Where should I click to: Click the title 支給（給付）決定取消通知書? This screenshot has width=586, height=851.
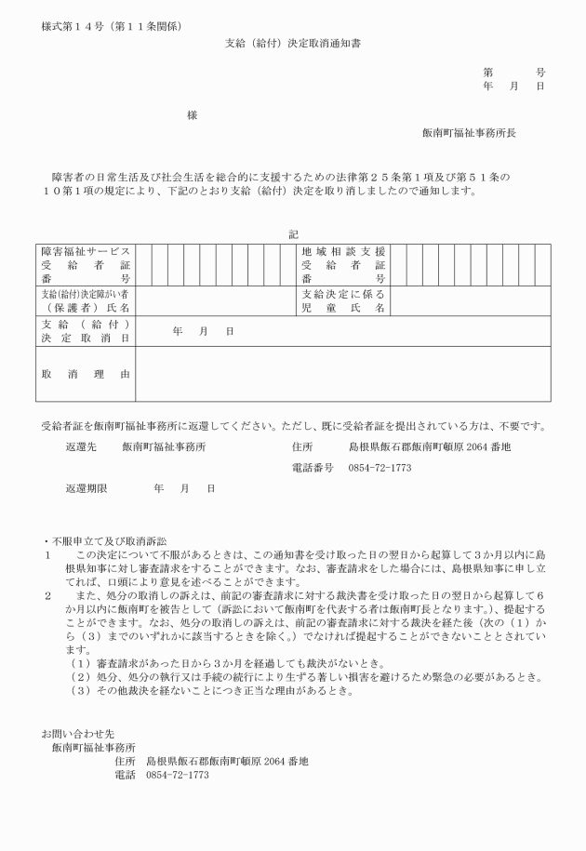[x=292, y=43]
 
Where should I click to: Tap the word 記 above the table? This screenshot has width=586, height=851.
[x=293, y=234]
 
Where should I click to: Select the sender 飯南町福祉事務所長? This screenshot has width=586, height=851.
[x=469, y=132]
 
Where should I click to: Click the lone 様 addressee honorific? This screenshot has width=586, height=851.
[x=192, y=115]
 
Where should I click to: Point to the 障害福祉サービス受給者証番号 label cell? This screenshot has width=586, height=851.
[x=86, y=265]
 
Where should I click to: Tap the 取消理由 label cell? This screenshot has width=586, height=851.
[x=86, y=374]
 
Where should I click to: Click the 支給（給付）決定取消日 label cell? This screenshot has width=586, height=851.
[x=86, y=331]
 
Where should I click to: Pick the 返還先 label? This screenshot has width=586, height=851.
[x=81, y=446]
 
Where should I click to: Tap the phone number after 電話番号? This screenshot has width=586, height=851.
[x=380, y=467]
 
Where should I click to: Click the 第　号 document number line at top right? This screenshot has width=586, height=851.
[x=513, y=72]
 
